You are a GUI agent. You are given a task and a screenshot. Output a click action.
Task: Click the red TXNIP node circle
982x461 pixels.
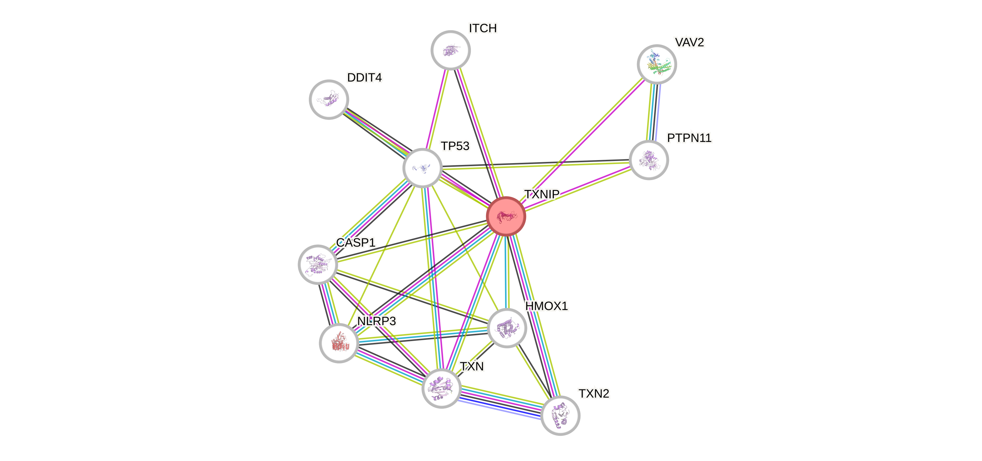(x=506, y=216)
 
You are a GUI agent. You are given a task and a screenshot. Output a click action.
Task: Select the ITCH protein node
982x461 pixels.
(x=451, y=50)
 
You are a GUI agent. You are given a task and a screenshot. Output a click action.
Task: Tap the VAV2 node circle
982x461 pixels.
(x=657, y=64)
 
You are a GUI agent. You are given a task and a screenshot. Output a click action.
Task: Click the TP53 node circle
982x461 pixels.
(x=422, y=168)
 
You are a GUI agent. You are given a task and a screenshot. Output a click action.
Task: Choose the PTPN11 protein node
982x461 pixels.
(x=648, y=160)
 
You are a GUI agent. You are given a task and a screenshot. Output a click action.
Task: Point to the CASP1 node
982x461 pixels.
(x=318, y=264)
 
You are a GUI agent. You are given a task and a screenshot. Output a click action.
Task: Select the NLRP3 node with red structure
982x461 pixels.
(x=338, y=343)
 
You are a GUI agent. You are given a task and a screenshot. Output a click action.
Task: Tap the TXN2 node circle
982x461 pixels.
(x=560, y=415)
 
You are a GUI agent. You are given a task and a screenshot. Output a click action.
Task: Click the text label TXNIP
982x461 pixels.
(x=542, y=194)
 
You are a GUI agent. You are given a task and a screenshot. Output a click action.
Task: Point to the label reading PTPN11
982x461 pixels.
(x=689, y=138)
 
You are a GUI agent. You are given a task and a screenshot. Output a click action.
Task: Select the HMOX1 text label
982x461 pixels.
(x=546, y=306)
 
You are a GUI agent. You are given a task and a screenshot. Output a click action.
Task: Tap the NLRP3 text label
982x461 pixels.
(x=376, y=321)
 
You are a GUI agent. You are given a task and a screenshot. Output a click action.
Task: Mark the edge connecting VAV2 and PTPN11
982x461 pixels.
(x=653, y=112)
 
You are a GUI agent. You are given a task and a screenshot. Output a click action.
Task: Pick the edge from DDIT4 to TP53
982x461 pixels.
(x=376, y=134)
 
